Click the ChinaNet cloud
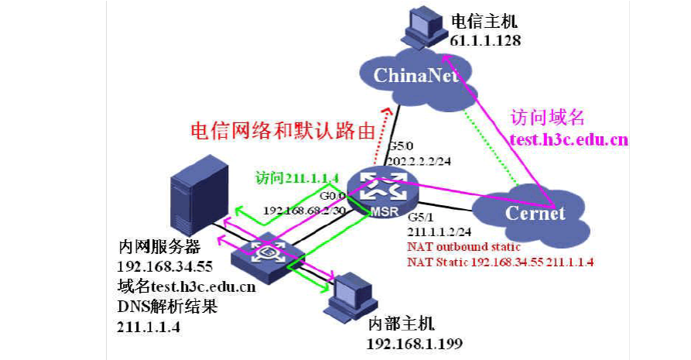[x=411, y=74]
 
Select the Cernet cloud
[x=534, y=212]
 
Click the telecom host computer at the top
[x=422, y=26]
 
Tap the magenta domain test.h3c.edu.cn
[x=568, y=139]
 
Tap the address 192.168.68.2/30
[x=303, y=210]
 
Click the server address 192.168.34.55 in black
[x=165, y=268]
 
